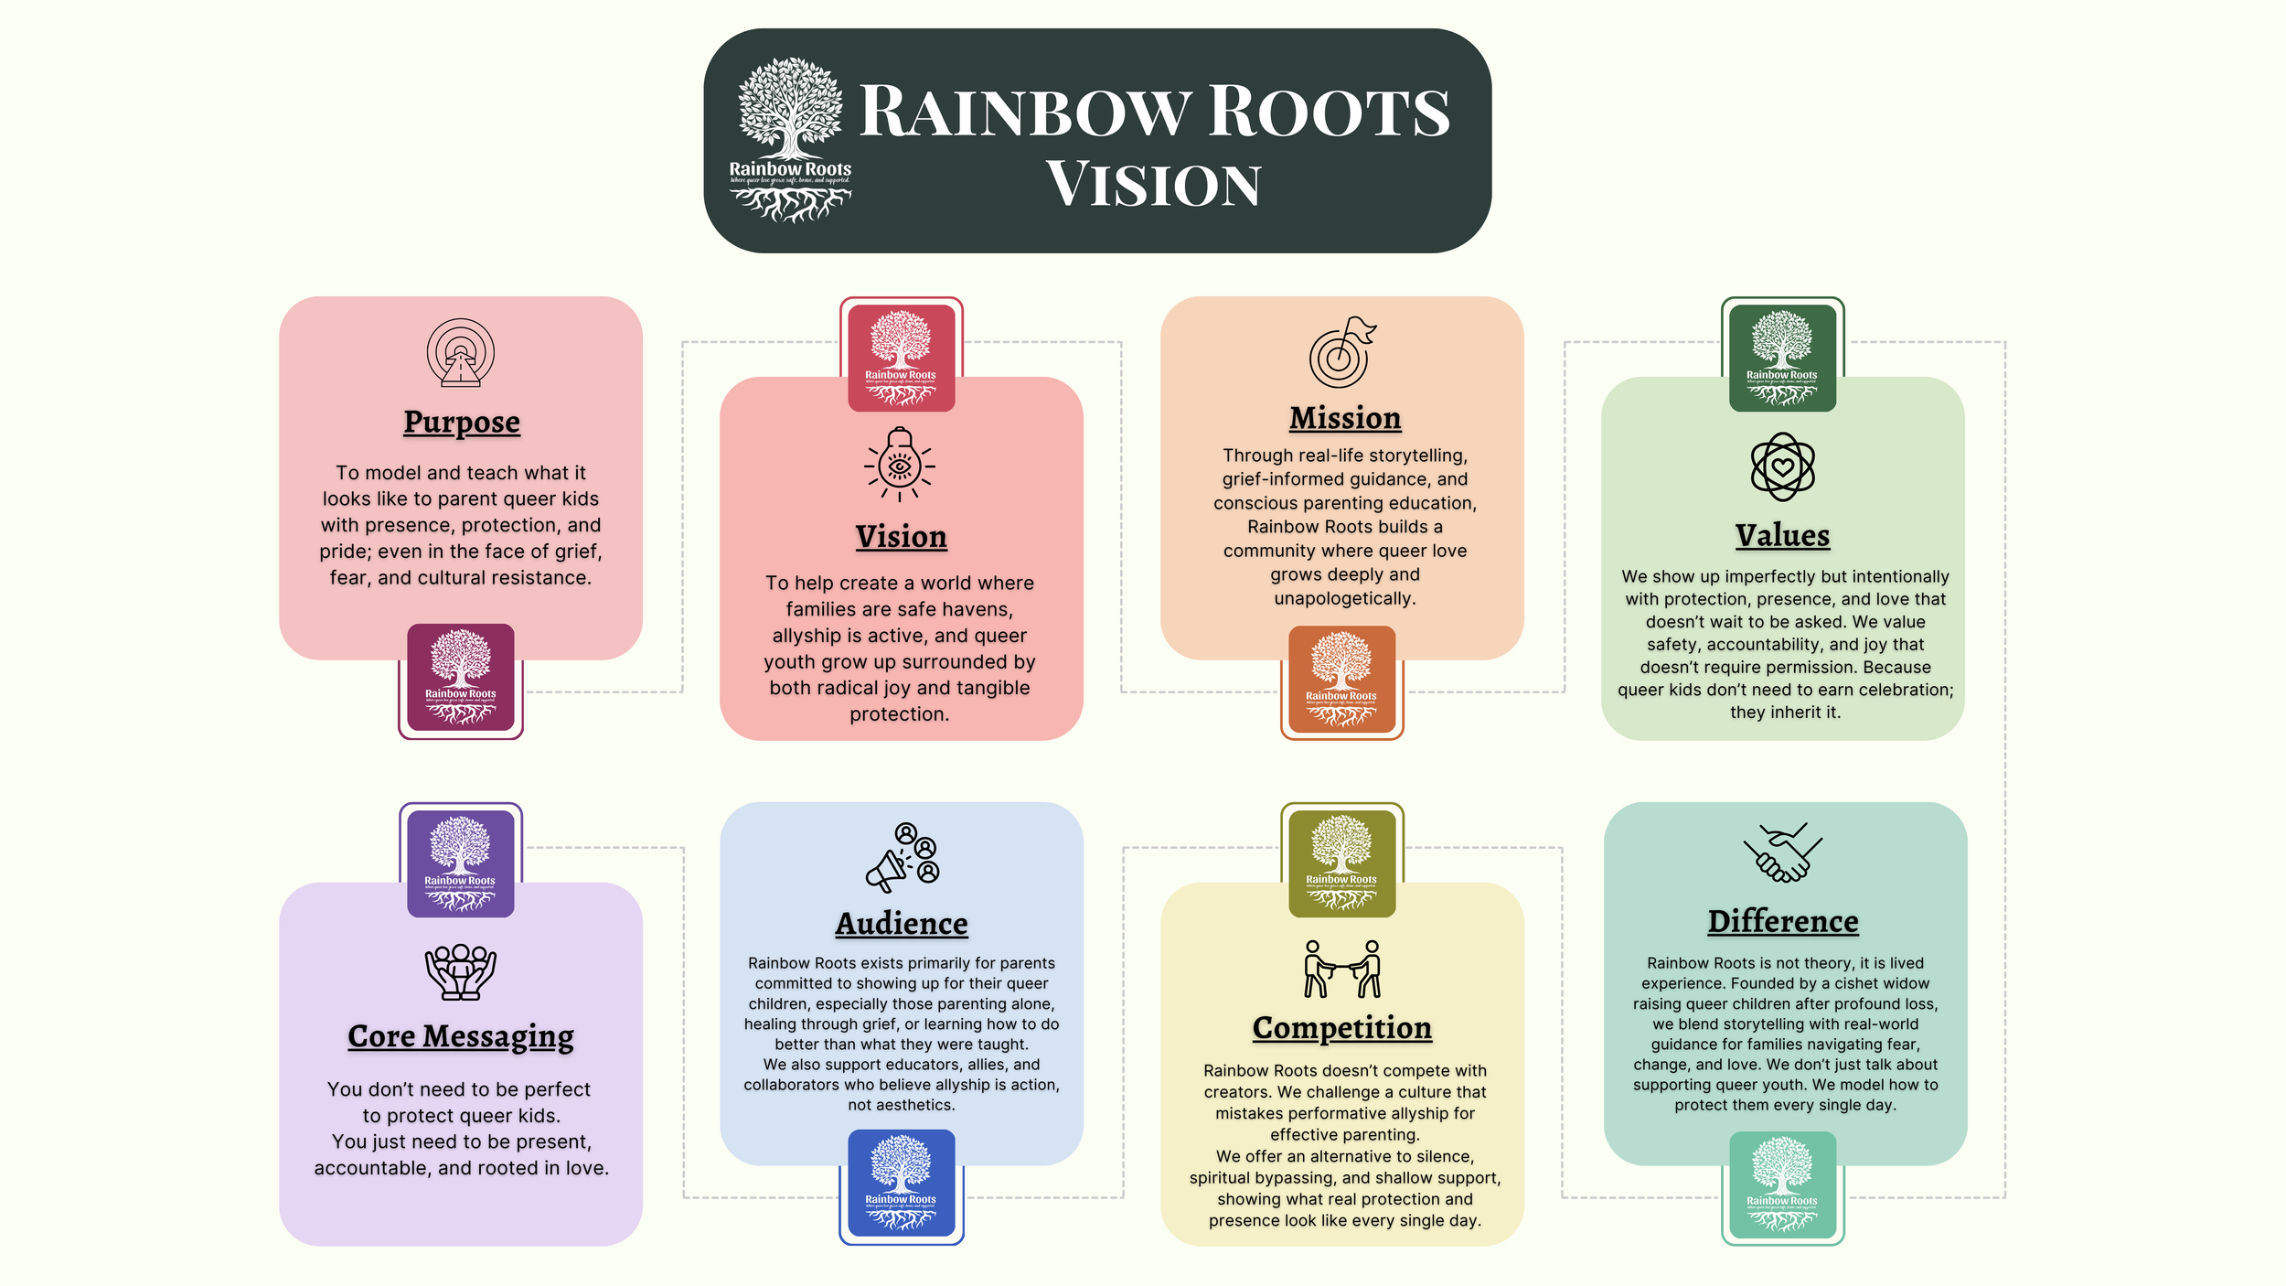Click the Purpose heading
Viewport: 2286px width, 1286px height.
[462, 422]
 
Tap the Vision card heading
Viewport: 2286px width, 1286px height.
[901, 536]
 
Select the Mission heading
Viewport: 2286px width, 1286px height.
[1345, 418]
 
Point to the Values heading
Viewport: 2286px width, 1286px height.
[1782, 535]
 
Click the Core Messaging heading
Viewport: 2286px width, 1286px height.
[461, 1036]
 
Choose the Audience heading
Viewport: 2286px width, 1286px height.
[902, 924]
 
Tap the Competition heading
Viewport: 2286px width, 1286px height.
[1342, 1028]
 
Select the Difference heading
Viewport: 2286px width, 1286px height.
[1783, 921]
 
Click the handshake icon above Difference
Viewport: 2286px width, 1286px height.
[1782, 852]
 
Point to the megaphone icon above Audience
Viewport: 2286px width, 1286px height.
[902, 857]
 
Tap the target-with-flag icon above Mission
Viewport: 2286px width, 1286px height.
[1342, 353]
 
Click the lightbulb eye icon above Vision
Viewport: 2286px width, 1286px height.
[900, 465]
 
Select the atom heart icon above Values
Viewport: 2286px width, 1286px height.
[1782, 466]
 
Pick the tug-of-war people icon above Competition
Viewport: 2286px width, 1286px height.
[1341, 969]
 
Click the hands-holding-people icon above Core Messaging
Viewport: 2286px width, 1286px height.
[460, 970]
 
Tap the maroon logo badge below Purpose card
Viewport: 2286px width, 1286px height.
[461, 678]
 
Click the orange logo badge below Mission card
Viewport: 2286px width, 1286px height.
[1341, 680]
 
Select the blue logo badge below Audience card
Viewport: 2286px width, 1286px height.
[902, 1183]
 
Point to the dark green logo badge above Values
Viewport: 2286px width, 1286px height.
[1782, 358]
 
